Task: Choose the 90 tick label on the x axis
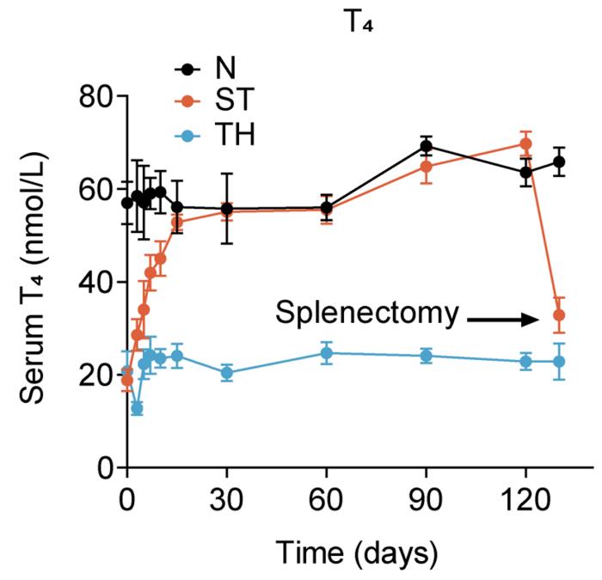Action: tap(426, 499)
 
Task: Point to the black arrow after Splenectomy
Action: tap(500, 319)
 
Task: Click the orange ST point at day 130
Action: tap(559, 315)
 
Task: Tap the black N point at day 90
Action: tap(426, 146)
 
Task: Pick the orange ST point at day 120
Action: tap(526, 143)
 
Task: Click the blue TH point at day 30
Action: tap(227, 373)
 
